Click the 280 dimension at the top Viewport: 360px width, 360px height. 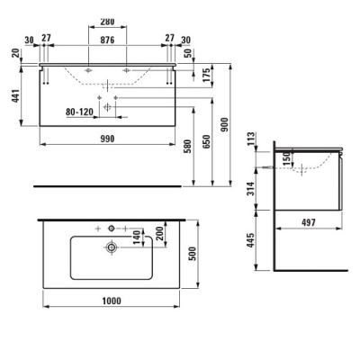[107, 22]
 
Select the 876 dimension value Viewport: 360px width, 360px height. [107, 40]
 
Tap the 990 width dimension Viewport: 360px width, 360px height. [107, 139]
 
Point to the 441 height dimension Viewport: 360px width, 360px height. [15, 95]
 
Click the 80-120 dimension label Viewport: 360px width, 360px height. [79, 112]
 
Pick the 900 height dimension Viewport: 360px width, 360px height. [224, 124]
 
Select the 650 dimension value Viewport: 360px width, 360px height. [206, 142]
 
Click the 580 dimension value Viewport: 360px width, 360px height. [187, 146]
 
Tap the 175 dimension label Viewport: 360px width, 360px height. [206, 76]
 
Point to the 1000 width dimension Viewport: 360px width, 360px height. [112, 301]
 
